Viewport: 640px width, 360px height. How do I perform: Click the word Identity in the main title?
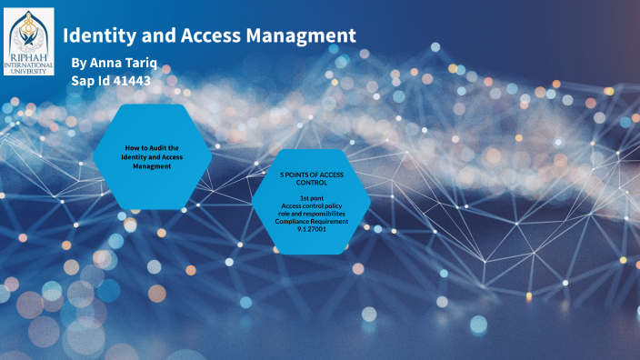98,35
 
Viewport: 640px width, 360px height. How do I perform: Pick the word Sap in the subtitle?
85,80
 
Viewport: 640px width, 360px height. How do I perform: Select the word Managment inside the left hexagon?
152,166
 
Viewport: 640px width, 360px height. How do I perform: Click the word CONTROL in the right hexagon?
311,182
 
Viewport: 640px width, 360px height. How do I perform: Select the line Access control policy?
311,205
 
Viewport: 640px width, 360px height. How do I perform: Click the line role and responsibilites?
311,213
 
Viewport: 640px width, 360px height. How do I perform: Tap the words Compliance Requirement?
311,220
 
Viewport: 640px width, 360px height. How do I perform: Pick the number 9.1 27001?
311,228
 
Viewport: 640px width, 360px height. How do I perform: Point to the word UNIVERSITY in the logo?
28,71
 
